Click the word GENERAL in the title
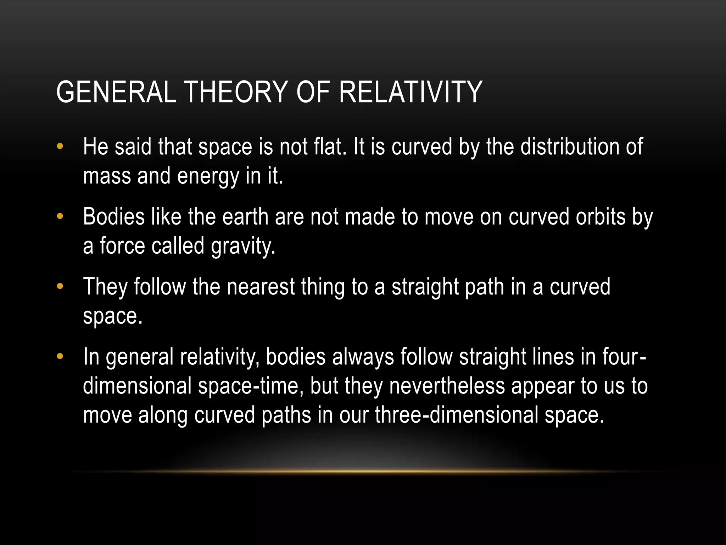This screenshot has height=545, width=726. coord(116,92)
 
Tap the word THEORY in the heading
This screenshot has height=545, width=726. coord(236,92)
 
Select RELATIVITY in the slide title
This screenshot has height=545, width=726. coord(411,92)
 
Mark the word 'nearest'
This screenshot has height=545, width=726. coord(261,286)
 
